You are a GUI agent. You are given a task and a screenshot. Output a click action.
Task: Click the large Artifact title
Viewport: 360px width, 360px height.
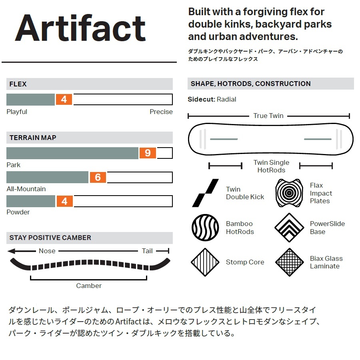click(80, 28)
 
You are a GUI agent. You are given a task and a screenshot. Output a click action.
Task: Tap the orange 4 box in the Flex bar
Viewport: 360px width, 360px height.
click(64, 99)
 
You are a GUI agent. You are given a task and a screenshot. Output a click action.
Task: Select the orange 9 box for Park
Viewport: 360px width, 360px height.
click(148, 153)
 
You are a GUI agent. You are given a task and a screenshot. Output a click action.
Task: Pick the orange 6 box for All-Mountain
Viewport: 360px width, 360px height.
click(98, 177)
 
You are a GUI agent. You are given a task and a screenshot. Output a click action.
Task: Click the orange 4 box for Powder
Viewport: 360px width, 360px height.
click(64, 201)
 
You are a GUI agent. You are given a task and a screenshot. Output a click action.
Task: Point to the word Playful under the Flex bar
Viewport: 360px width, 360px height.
click(17, 112)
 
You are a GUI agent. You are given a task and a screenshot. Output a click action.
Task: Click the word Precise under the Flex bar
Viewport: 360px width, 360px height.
click(161, 112)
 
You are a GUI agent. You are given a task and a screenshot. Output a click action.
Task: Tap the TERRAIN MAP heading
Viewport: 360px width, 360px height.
click(33, 138)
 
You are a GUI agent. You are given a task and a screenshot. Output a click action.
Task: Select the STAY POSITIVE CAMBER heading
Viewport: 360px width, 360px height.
click(50, 238)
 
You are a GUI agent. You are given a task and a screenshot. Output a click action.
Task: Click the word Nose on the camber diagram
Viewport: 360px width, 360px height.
click(47, 251)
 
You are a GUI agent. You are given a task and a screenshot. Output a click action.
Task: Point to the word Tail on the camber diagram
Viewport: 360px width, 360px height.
click(147, 251)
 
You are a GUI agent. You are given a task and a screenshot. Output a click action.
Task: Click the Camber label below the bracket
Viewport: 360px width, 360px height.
click(89, 286)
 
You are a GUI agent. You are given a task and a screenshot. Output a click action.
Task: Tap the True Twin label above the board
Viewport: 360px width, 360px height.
click(268, 116)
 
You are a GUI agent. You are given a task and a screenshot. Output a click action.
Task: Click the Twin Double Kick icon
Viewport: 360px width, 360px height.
click(206, 193)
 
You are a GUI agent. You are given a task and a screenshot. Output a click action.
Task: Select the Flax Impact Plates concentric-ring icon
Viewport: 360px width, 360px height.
click(289, 193)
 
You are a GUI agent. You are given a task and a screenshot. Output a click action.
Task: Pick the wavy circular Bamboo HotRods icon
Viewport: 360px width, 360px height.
click(205, 228)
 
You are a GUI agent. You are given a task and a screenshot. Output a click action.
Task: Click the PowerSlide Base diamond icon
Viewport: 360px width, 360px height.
click(289, 228)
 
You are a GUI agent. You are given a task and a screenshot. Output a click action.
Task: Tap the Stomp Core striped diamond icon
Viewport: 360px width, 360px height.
click(205, 262)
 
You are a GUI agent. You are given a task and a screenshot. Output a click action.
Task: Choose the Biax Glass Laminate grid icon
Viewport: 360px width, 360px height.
click(289, 262)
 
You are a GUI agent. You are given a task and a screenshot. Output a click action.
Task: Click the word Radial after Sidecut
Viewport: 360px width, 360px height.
click(226, 99)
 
